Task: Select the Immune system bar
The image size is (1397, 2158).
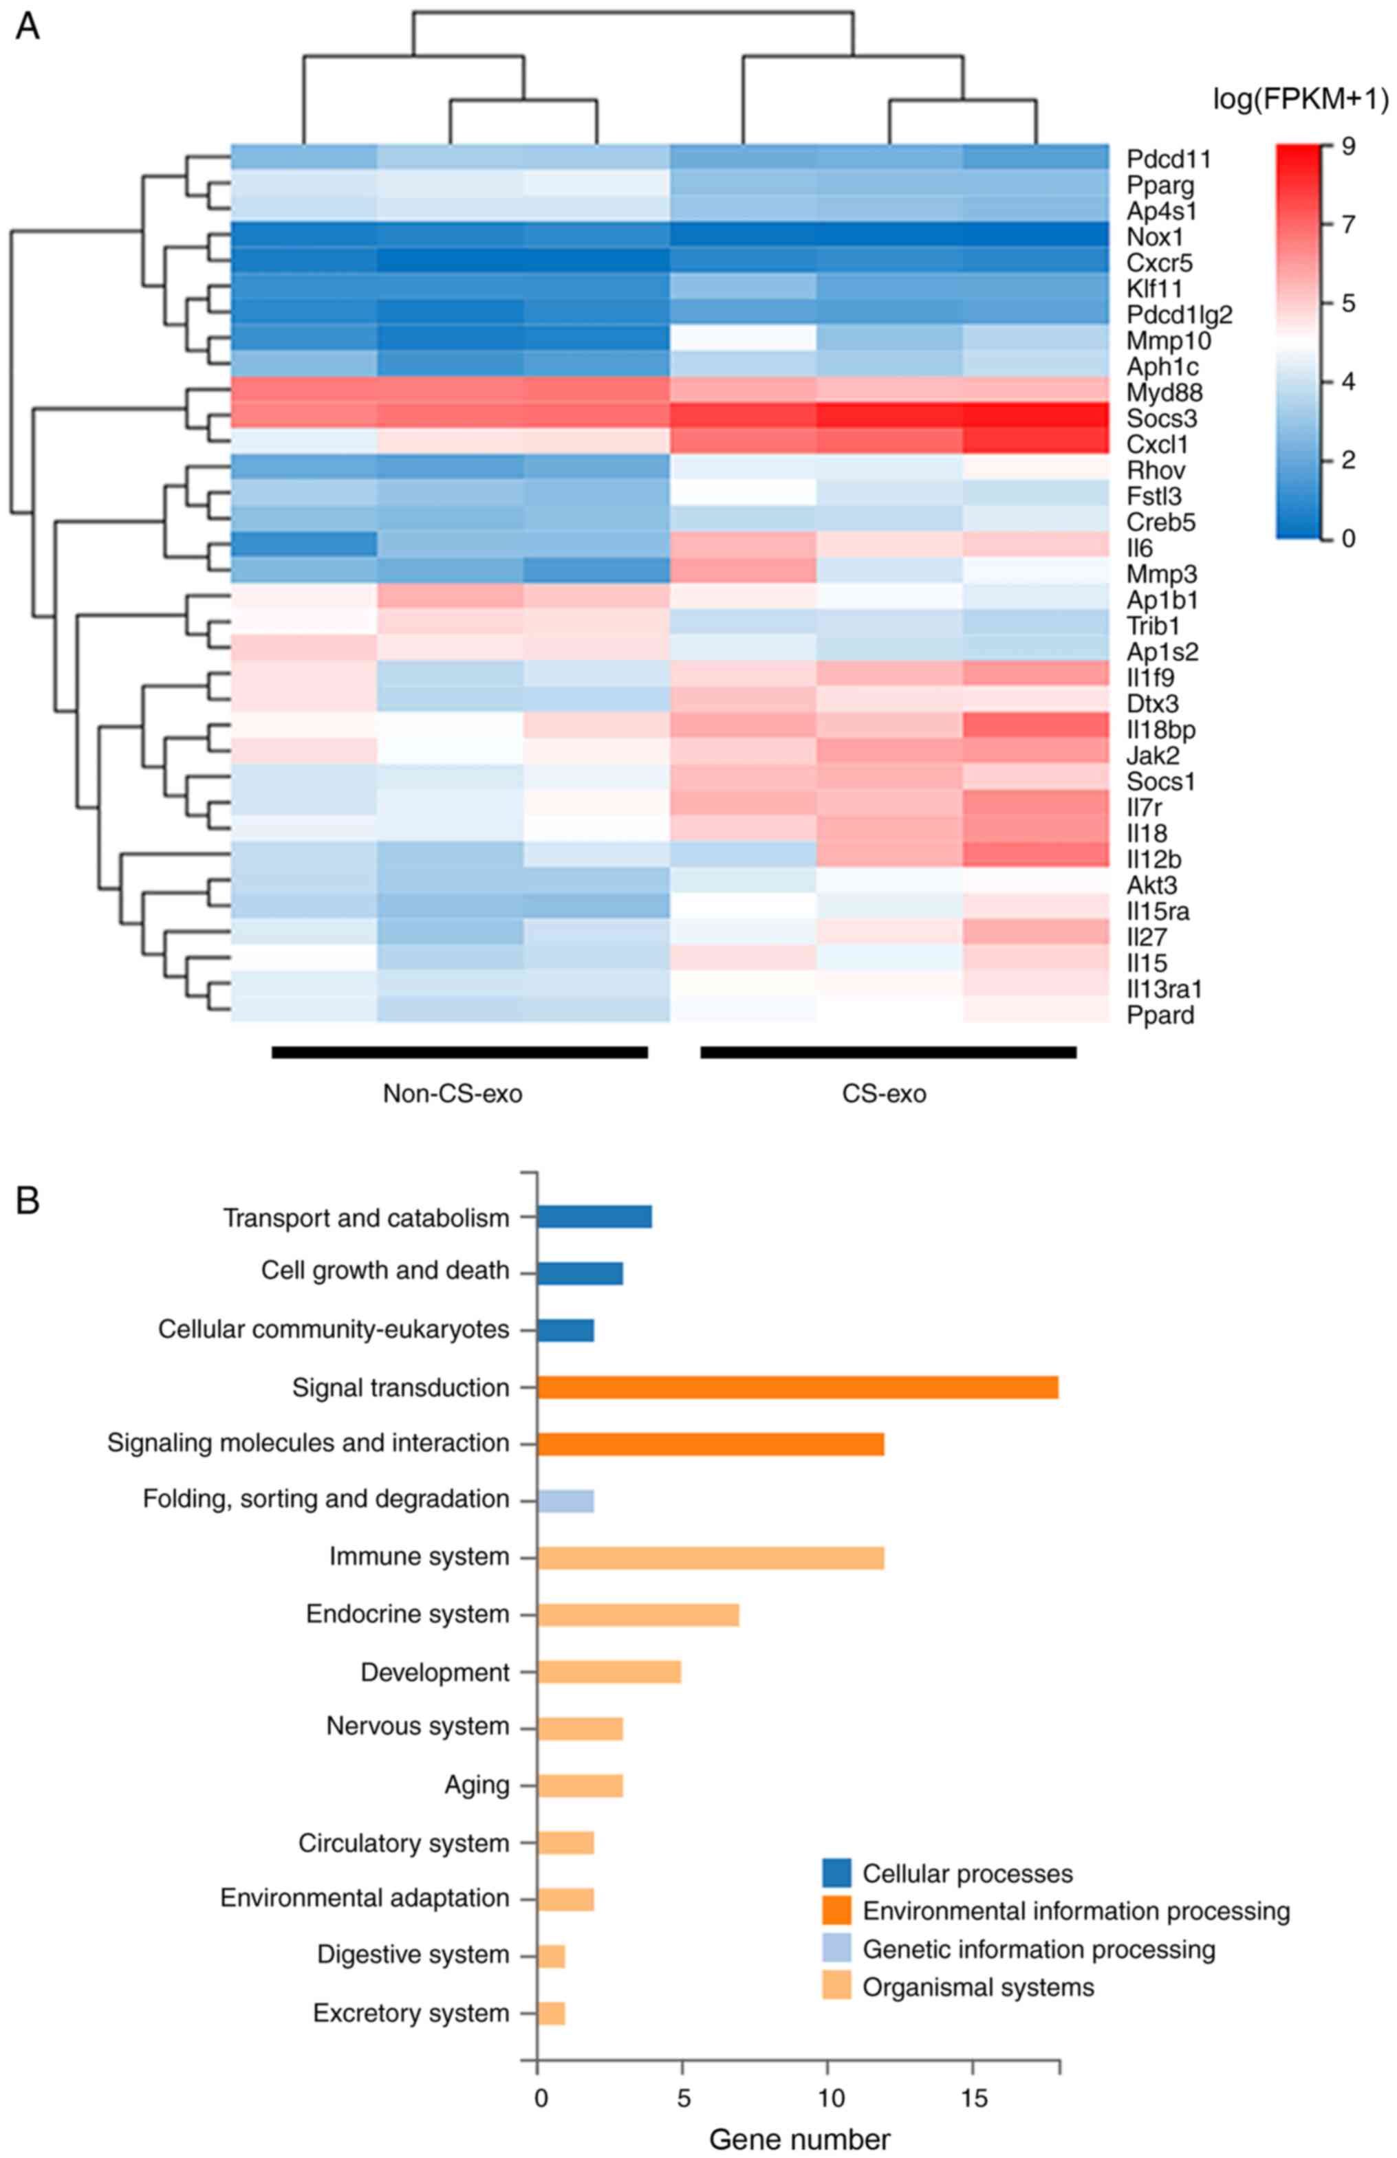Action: (x=711, y=1558)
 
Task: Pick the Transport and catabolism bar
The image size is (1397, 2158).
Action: (x=594, y=1217)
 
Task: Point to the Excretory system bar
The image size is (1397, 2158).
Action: (x=551, y=2013)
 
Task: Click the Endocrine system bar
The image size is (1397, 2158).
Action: (x=638, y=1615)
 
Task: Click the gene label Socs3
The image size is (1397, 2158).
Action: (x=1161, y=419)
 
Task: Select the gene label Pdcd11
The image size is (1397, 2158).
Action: (x=1169, y=159)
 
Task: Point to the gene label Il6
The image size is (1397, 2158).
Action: (x=1141, y=549)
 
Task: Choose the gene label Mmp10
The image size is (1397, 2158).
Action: (x=1169, y=342)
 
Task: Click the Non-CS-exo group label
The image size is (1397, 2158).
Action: (x=453, y=1094)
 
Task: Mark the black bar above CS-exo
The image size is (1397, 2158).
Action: (x=888, y=1052)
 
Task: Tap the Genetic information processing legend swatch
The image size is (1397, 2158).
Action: (x=836, y=1950)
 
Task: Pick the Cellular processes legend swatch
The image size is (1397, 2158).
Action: (x=836, y=1873)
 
